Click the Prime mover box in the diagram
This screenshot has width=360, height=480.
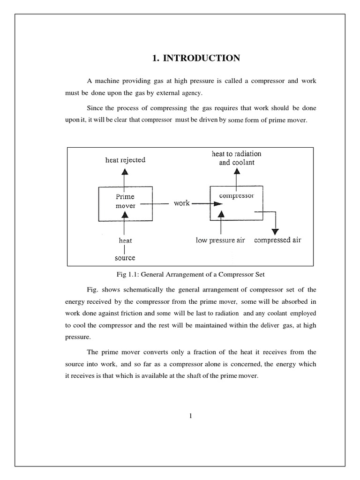click(x=125, y=204)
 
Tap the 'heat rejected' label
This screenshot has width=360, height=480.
click(x=125, y=160)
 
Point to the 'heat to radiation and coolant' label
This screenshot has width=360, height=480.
click(x=237, y=158)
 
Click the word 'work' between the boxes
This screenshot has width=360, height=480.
click(x=181, y=203)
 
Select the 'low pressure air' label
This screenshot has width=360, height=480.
click(x=220, y=240)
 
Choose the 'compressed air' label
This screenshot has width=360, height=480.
click(x=277, y=240)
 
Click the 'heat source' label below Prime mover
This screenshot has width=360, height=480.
click(x=125, y=249)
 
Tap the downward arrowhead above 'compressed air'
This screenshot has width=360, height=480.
click(x=276, y=231)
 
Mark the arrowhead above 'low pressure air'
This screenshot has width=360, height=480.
click(x=222, y=214)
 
